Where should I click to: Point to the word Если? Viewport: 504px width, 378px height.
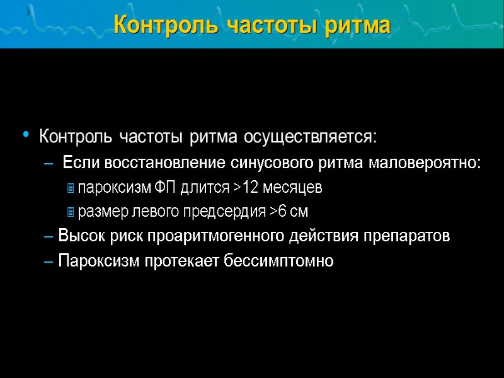click(79, 163)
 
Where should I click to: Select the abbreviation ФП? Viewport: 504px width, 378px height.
click(164, 188)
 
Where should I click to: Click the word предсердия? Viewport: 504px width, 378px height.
click(232, 212)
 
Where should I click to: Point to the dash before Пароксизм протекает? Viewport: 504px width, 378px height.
click(50, 261)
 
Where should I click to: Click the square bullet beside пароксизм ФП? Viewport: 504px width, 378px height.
click(71, 188)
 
